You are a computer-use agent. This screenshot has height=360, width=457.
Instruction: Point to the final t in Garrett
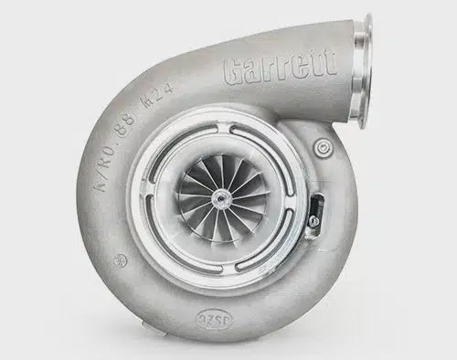[329, 62]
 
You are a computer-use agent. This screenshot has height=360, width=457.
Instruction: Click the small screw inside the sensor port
[314, 220]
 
